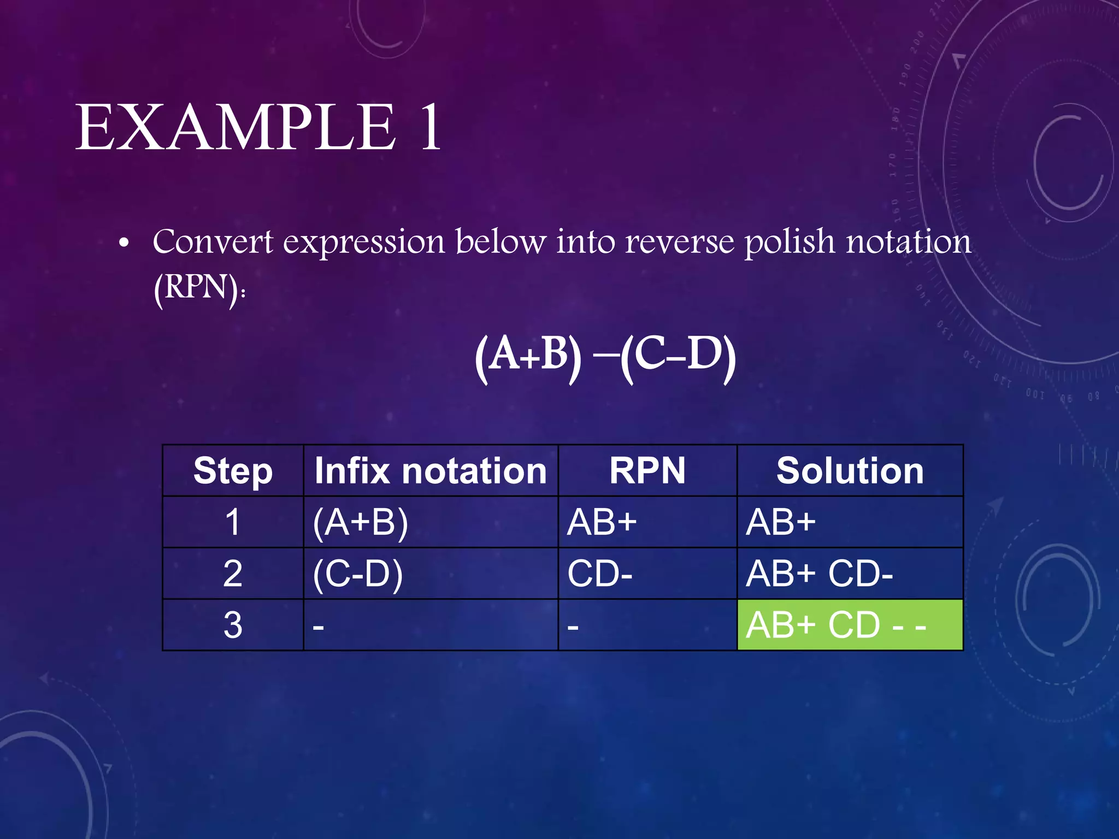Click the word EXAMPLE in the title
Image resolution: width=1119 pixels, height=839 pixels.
click(235, 128)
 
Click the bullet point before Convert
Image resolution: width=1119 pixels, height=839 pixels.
click(124, 244)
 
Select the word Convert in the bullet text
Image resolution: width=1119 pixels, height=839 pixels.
click(213, 241)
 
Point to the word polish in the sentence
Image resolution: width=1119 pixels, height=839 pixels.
click(790, 241)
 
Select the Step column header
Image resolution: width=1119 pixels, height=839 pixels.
click(233, 471)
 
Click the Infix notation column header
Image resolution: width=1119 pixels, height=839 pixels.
click(431, 471)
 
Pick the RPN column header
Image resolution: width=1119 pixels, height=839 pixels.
click(647, 471)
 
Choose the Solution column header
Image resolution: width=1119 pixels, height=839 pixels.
click(850, 471)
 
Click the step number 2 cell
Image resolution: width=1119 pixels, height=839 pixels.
click(233, 574)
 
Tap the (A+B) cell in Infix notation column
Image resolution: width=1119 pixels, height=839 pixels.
click(361, 522)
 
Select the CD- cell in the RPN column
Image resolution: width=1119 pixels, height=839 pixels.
click(600, 574)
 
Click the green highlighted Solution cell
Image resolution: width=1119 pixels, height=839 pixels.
click(850, 625)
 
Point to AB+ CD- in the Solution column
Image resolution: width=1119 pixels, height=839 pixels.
click(820, 574)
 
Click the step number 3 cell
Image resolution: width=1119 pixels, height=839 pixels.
click(233, 625)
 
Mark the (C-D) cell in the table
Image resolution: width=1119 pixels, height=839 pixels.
click(358, 574)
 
